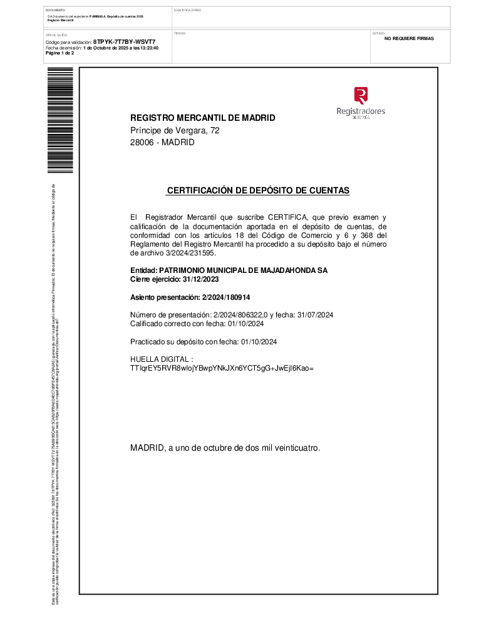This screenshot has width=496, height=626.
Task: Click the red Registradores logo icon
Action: [361, 95]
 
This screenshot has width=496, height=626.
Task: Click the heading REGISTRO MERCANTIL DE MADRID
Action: [202, 118]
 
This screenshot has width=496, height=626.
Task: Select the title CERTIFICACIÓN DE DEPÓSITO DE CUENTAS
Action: [258, 190]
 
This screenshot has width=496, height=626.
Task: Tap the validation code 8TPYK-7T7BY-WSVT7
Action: [124, 41]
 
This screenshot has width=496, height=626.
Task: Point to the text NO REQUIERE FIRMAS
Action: [409, 39]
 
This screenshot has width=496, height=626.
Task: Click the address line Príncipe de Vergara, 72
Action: [175, 130]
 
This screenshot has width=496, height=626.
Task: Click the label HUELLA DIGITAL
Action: [157, 359]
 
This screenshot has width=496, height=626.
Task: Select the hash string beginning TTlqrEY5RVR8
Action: [222, 368]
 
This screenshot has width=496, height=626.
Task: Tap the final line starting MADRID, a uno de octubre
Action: [225, 448]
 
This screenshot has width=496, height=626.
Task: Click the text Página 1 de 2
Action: [60, 53]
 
